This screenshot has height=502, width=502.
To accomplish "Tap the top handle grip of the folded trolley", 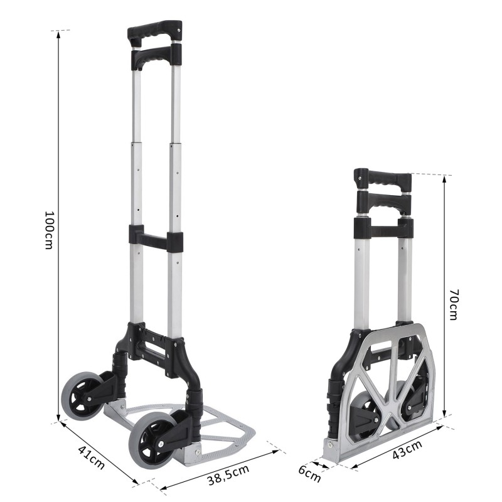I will (382, 180).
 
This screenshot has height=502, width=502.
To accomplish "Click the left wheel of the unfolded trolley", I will (81, 397).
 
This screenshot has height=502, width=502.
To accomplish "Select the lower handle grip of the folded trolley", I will (383, 202).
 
